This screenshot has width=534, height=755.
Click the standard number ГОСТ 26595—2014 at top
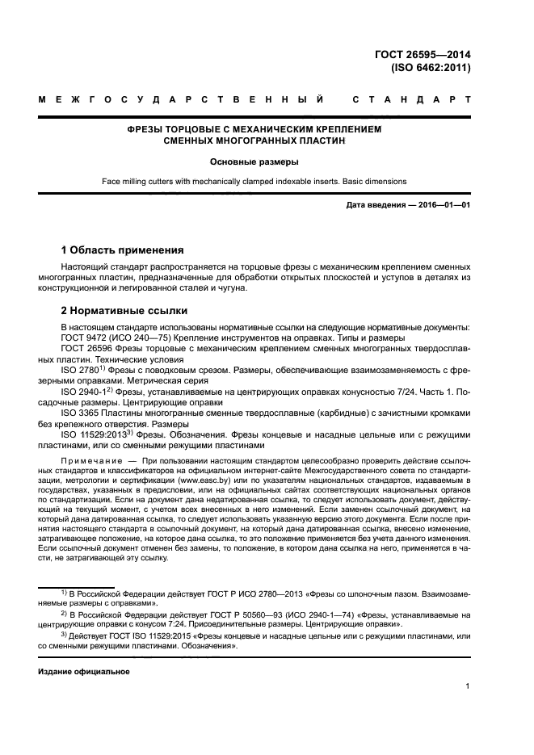coord(431,55)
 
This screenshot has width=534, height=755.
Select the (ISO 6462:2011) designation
coord(431,68)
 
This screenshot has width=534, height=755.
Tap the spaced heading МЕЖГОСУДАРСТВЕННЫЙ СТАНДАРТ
coord(254,101)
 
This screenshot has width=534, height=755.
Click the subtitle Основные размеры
coord(254,161)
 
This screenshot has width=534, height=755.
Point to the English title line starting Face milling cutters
coord(254,182)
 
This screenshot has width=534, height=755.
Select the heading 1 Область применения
coord(122,250)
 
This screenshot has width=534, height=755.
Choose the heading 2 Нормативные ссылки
coord(124,310)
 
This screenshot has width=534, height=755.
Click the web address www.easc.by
coord(189,480)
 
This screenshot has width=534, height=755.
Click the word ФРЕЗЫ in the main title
coord(149,129)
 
